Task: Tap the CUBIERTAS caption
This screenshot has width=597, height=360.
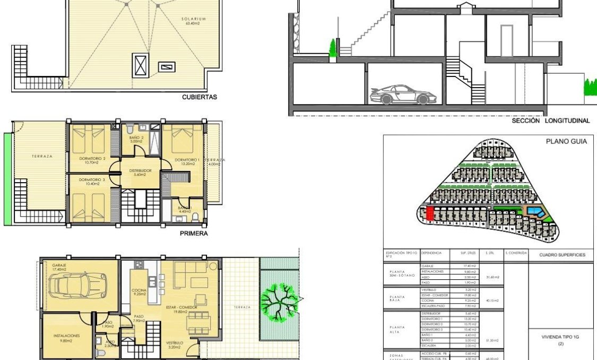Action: [x=199, y=97]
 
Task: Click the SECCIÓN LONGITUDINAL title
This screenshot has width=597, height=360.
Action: [x=550, y=121]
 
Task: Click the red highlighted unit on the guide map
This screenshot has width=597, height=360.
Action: [x=430, y=215]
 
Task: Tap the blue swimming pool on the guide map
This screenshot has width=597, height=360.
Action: [x=534, y=213]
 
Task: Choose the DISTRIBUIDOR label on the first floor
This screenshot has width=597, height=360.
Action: [x=141, y=171]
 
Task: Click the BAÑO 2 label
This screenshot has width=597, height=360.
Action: [x=136, y=138]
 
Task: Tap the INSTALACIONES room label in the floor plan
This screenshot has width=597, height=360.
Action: [x=66, y=336]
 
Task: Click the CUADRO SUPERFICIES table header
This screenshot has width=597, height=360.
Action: [x=563, y=255]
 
